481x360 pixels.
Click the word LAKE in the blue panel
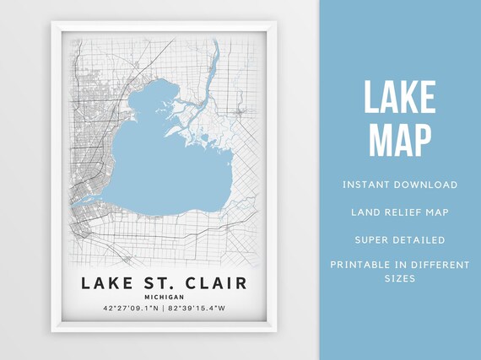400,98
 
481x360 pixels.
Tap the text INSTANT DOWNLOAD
400,185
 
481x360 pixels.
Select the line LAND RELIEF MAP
400,212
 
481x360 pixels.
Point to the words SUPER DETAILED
400,239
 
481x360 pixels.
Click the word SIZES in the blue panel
400,278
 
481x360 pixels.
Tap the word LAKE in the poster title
106,283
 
